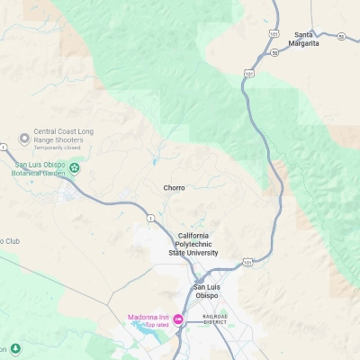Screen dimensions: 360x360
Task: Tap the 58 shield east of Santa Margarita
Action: (x=341, y=37)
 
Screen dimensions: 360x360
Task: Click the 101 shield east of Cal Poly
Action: (x=247, y=263)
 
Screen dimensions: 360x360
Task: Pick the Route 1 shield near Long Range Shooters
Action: (x=4, y=146)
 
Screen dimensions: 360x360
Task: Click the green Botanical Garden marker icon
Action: (x=75, y=167)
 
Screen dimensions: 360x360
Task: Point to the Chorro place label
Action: (x=174, y=188)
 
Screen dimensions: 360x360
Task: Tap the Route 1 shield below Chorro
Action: (x=150, y=219)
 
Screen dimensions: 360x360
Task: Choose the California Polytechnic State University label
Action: (x=193, y=244)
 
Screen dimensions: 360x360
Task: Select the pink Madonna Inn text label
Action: (x=148, y=317)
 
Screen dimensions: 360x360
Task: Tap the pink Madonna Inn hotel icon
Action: (x=178, y=319)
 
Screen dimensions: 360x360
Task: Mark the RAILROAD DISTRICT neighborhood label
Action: (x=215, y=319)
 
